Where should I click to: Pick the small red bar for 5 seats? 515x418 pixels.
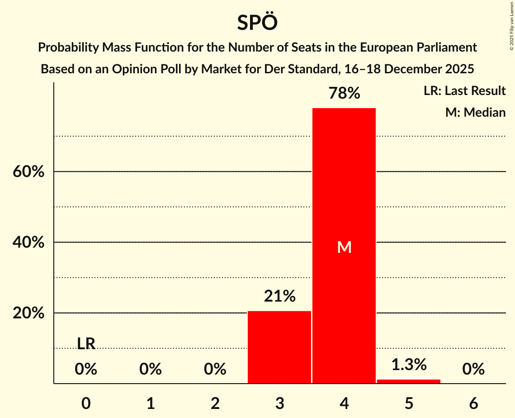pos(409,381)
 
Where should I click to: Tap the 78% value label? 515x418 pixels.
pos(344,94)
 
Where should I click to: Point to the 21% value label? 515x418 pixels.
pos(279,296)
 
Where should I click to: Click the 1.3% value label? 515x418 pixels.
pos(409,364)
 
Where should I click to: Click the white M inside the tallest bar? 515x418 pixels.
pos(344,247)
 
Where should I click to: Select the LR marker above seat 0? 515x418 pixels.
pos(86,344)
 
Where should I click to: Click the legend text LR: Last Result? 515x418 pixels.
pos(464,91)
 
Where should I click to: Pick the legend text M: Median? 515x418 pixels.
pos(475,112)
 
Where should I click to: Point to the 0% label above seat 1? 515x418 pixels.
pos(151,370)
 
